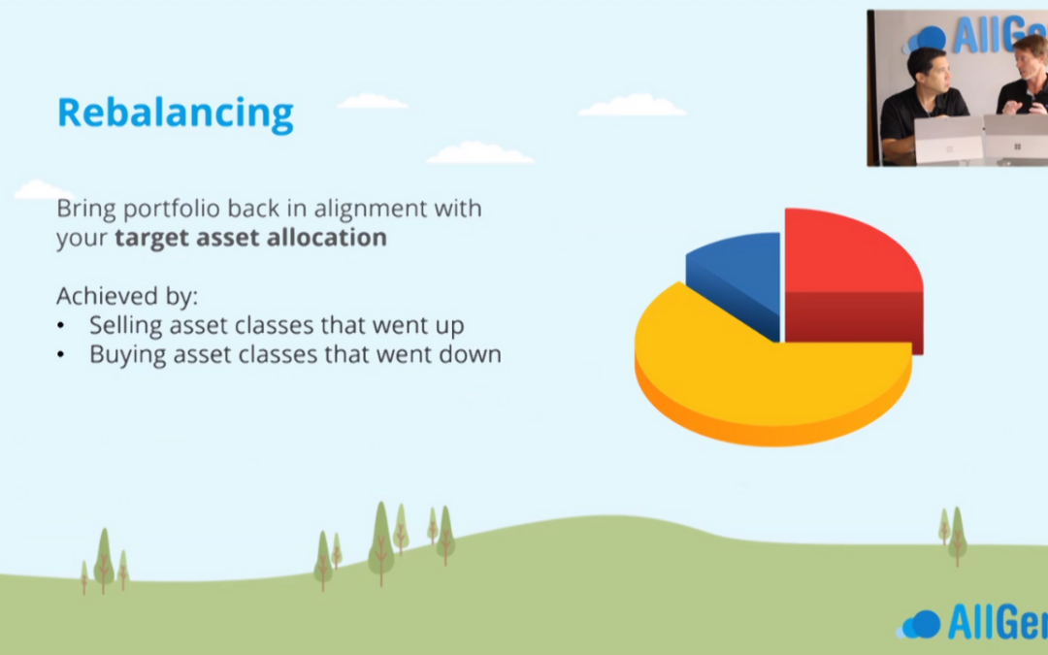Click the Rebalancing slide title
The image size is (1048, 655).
175,114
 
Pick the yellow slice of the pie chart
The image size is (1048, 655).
769,381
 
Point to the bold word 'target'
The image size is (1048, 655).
153,239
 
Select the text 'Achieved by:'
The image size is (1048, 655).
127,296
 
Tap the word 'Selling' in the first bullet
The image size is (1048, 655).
125,326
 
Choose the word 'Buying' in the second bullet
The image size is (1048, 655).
128,355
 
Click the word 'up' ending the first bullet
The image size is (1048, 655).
450,328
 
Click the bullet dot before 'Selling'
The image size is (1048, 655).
61,326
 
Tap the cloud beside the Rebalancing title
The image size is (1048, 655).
373,102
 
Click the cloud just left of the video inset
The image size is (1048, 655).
633,105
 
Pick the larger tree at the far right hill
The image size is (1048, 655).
957,536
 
